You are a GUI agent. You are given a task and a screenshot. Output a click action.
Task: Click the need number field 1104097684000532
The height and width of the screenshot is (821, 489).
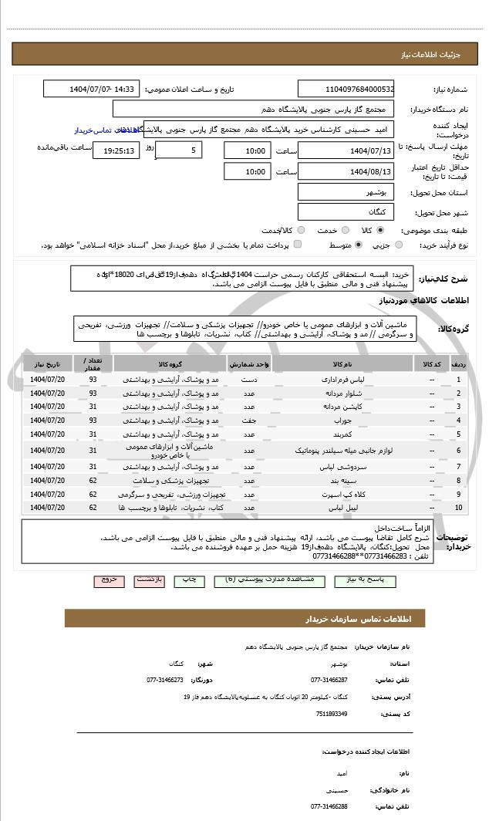[x=346, y=90]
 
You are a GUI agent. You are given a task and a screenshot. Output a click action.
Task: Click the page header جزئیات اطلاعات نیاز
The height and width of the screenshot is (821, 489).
[x=437, y=56]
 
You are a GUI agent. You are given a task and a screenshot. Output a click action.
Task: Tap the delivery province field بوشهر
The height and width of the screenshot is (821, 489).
[x=346, y=191]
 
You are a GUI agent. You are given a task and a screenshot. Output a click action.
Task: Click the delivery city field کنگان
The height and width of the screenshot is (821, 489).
[x=346, y=211]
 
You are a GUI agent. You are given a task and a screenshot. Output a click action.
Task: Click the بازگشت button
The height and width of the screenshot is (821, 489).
[x=149, y=579]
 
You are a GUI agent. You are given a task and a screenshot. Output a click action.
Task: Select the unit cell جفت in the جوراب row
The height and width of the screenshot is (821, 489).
[x=249, y=421]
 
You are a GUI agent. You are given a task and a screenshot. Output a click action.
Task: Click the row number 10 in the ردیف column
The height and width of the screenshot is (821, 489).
[x=459, y=508]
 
